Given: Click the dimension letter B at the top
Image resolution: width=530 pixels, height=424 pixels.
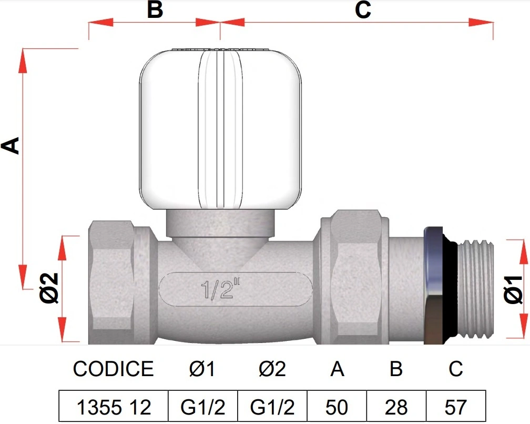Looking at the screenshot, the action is (155, 9).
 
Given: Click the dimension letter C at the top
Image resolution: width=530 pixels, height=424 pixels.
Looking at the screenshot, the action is (363, 9).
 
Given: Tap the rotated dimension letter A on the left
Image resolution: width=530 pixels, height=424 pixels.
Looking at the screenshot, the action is (11, 145).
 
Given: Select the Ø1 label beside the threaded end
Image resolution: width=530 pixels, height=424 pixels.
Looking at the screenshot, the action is (513, 289).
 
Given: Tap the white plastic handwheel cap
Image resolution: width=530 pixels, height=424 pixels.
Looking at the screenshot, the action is (220, 128).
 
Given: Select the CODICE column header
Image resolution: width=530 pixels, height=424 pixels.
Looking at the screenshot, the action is (113, 369).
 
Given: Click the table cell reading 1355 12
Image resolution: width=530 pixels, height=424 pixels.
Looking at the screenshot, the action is (114, 407).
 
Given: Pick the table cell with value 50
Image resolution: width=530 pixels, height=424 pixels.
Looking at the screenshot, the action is (337, 407).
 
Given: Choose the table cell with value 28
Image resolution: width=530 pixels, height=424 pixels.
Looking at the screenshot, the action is (396, 407).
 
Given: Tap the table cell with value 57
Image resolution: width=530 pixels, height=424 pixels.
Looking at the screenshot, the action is (456, 407).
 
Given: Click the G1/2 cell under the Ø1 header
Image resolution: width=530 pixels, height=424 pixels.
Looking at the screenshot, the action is (203, 407).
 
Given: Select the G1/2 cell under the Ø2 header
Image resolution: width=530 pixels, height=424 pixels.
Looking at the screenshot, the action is (272, 407).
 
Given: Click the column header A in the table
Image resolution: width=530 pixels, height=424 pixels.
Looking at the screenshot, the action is (337, 369).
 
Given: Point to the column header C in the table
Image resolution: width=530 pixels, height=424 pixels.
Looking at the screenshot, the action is (456, 369).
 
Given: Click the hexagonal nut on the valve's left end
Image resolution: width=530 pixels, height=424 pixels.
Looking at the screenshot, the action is (111, 282).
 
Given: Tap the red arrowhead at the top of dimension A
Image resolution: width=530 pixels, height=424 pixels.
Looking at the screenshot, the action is (23, 60).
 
